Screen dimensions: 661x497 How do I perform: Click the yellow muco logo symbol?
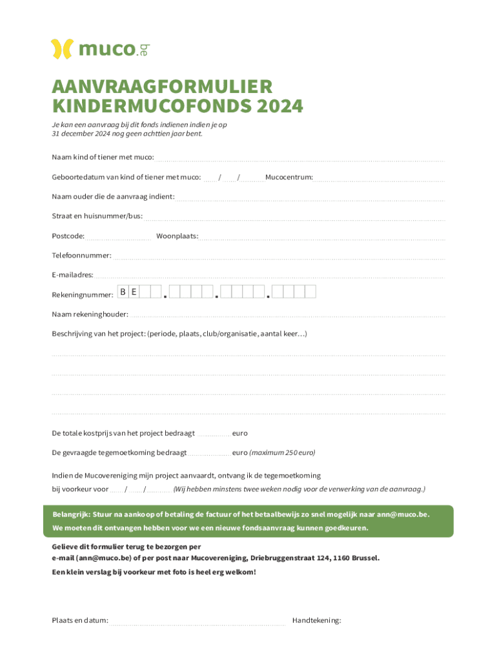point(63,49)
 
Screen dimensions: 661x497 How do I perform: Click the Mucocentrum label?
point(289,178)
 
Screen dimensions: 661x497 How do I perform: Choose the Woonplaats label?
point(177,236)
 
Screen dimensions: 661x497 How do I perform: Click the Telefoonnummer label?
point(81,256)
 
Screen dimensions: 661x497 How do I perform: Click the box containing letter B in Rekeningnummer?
point(123,292)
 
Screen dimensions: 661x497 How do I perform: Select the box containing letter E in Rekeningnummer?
point(134,292)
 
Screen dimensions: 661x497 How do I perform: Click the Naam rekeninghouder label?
point(90,314)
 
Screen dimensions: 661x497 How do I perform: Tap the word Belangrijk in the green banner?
point(71,514)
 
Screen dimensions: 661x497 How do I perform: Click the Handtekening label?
point(316,621)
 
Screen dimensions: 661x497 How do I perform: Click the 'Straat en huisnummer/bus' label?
point(97,216)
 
